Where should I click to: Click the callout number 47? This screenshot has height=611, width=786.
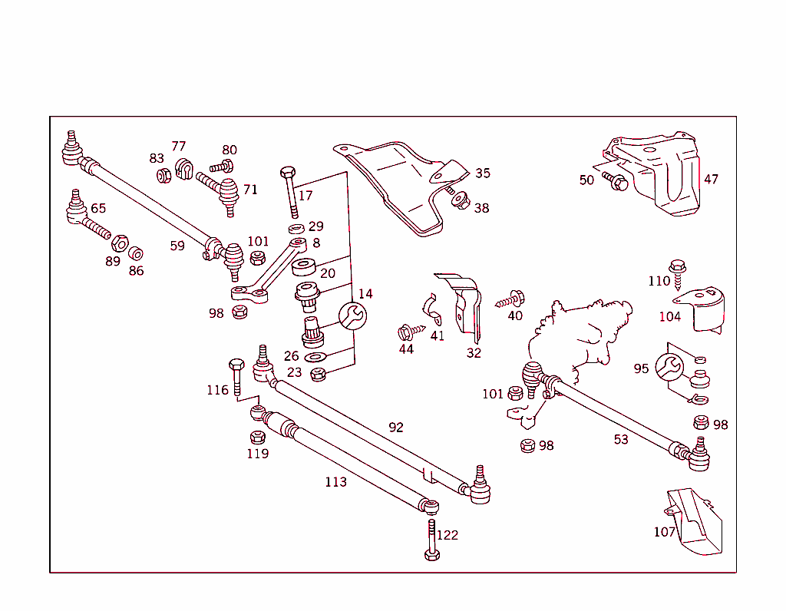click(x=711, y=179)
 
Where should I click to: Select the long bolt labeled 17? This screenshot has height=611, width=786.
click(x=289, y=191)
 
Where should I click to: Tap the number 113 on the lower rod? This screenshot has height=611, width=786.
click(x=335, y=482)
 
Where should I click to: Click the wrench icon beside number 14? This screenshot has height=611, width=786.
click(x=352, y=315)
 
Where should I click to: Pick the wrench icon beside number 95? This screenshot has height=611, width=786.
click(x=669, y=367)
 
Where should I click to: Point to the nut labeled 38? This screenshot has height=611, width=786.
click(x=461, y=201)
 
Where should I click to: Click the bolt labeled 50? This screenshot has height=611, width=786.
click(x=616, y=183)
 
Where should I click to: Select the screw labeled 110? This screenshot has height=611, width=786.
click(x=678, y=272)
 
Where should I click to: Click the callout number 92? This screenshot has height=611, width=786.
click(x=395, y=428)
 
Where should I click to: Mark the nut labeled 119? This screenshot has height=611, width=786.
click(x=258, y=437)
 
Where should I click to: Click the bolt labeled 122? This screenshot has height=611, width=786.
click(x=432, y=540)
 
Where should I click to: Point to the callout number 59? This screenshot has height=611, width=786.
click(x=177, y=246)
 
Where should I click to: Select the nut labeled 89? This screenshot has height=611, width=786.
click(x=119, y=244)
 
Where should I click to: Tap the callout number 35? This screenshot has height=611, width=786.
click(x=482, y=173)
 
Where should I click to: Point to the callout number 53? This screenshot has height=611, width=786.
click(x=620, y=439)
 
